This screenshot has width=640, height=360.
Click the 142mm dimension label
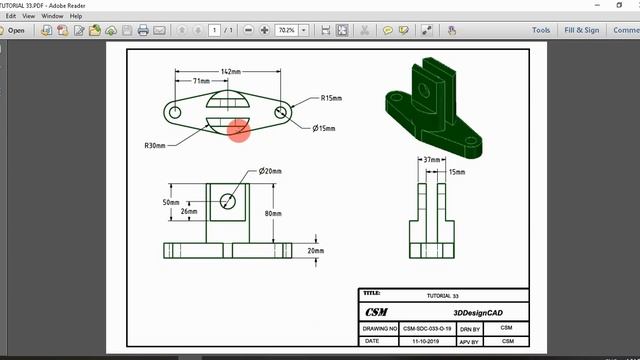pyautogui.click(x=232, y=72)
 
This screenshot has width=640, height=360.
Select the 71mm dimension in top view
pyautogui.click(x=201, y=80)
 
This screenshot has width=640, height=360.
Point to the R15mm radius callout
pyautogui.click(x=332, y=98)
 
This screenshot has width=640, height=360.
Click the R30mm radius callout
pyautogui.click(x=156, y=146)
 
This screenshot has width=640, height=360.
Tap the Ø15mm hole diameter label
pyautogui.click(x=324, y=129)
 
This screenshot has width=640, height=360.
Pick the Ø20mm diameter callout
pyautogui.click(x=271, y=171)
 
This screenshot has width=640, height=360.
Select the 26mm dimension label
pyautogui.click(x=187, y=211)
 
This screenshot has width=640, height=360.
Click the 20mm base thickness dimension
pyautogui.click(x=316, y=250)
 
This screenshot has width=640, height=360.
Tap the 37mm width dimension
pyautogui.click(x=431, y=159)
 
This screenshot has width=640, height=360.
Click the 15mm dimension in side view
pyautogui.click(x=457, y=172)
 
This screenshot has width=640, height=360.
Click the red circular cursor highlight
pyautogui.click(x=238, y=130)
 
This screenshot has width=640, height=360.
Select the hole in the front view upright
pyautogui.click(x=229, y=200)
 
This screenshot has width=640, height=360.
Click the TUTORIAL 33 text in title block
pyautogui.click(x=442, y=297)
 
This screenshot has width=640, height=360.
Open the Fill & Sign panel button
pyautogui.click(x=582, y=30)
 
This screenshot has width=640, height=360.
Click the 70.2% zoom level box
pyautogui.click(x=288, y=30)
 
